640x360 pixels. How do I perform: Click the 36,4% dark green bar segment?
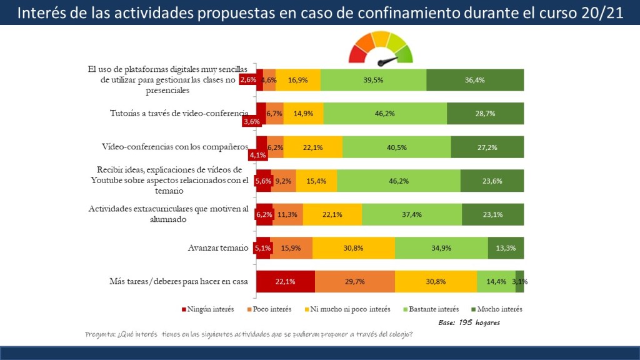pyautogui.click(x=475, y=80)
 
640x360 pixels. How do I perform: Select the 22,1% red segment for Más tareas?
pyautogui.click(x=286, y=281)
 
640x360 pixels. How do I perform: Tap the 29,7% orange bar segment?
pyautogui.click(x=355, y=281)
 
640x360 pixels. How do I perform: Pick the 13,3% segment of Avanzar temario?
pyautogui.click(x=506, y=248)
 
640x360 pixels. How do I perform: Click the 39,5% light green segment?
pyautogui.click(x=373, y=80)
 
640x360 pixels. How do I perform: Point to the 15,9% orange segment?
pyautogui.click(x=291, y=248)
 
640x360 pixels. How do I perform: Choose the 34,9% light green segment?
pyautogui.click(x=441, y=248)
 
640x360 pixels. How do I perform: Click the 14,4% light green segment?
pyautogui.click(x=496, y=281)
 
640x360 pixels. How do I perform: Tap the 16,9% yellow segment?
pyautogui.click(x=298, y=80)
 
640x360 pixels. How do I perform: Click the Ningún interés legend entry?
pyautogui.click(x=206, y=309)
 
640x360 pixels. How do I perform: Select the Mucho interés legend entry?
pyautogui.click(x=496, y=309)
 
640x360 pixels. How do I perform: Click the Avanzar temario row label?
pyautogui.click(x=218, y=248)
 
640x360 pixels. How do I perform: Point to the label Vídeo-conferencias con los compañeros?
pyautogui.click(x=175, y=147)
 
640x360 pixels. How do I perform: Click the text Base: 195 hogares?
pyautogui.click(x=469, y=322)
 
